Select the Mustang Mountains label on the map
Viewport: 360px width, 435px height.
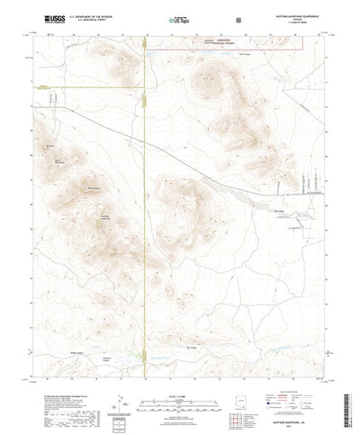click(x=104, y=217)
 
